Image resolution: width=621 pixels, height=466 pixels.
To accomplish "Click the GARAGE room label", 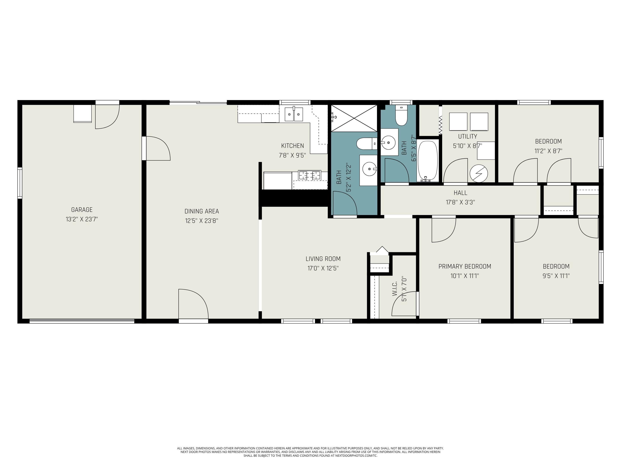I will tap(82, 210).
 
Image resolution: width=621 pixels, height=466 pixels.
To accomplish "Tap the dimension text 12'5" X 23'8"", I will tap(202, 221).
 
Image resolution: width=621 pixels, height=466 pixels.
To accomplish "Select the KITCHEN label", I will tap(292, 146).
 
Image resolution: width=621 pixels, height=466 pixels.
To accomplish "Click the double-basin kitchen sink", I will tap(294, 114).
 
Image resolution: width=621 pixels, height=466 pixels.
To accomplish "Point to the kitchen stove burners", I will tap(309, 175).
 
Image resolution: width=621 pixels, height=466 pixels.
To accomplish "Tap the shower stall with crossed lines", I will tap(354, 118).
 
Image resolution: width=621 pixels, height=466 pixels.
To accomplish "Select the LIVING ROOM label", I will tap(323, 259).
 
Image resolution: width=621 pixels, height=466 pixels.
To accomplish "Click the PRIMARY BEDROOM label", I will tap(465, 266).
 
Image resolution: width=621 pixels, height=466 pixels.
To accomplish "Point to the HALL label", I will tap(460, 193).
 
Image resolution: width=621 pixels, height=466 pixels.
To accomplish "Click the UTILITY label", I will tap(467, 136).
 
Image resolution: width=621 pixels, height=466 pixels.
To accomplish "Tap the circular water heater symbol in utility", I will tap(479, 174).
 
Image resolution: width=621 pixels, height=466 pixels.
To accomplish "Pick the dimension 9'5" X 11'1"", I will tap(556, 276).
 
